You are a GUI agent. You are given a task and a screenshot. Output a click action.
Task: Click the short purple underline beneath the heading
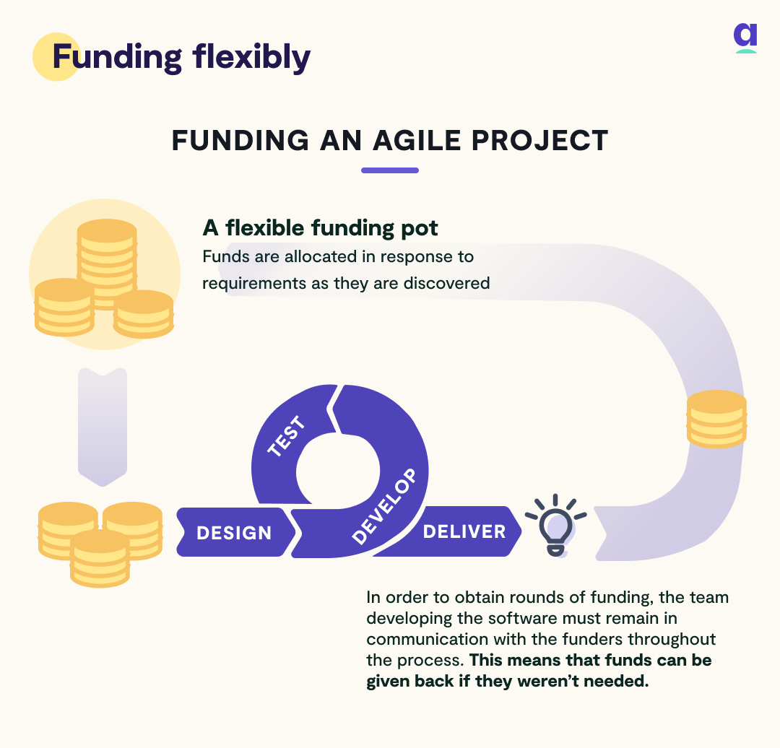coord(389,170)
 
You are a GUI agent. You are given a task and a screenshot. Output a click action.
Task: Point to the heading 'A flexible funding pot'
coord(320,228)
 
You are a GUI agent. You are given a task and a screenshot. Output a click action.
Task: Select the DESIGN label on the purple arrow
coord(234,533)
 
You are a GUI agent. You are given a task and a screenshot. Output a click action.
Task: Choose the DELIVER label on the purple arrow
coord(464,531)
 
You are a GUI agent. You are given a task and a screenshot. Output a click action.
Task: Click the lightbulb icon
coord(555,525)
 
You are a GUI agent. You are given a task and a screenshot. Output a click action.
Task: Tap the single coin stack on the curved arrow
coord(716,419)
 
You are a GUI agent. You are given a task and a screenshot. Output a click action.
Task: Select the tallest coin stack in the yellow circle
coord(107,253)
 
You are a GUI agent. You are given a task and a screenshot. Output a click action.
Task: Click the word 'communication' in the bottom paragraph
coord(419,639)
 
